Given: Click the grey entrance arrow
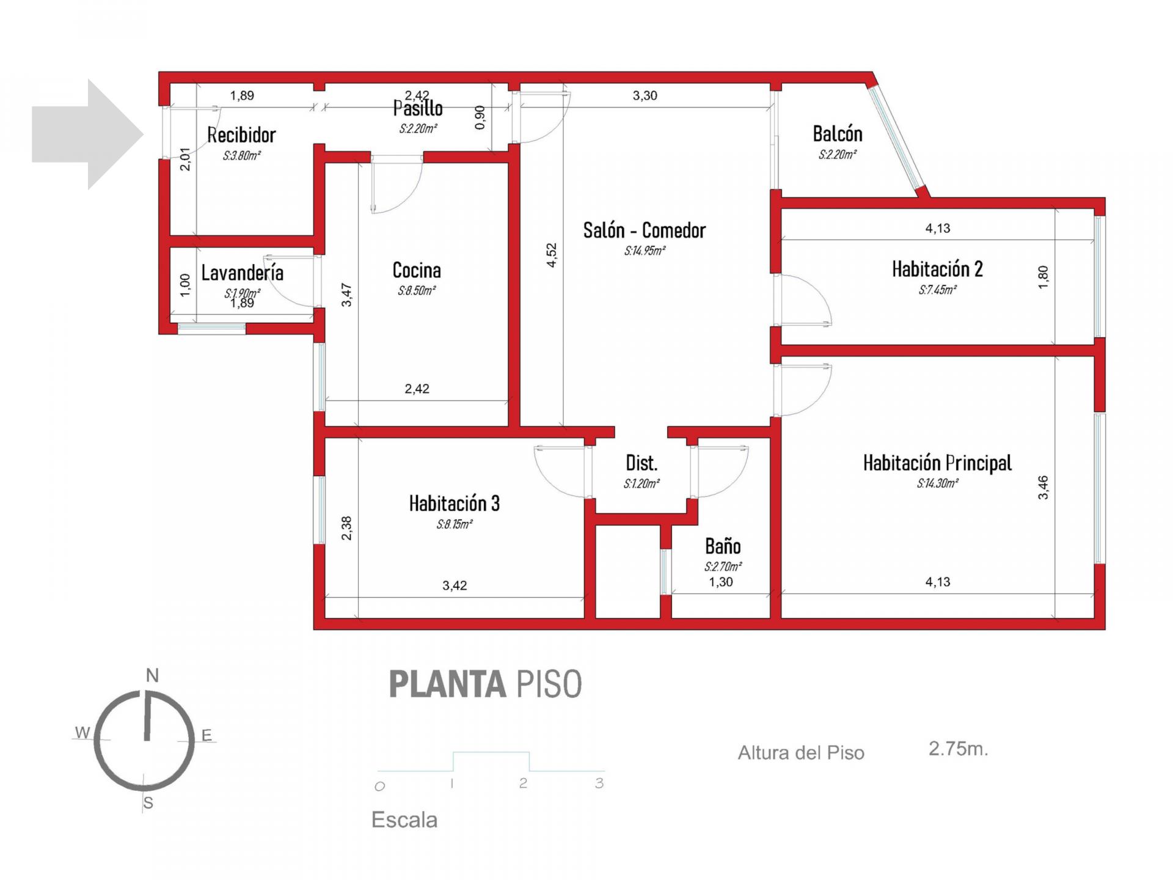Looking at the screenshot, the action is pyautogui.click(x=88, y=134).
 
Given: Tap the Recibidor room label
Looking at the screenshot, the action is pyautogui.click(x=241, y=135).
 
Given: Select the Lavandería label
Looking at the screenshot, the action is pyautogui.click(x=243, y=273).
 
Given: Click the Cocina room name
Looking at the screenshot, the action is pyautogui.click(x=417, y=270).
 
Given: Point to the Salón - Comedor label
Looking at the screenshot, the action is pyautogui.click(x=645, y=230).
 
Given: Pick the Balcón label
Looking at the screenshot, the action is pyautogui.click(x=838, y=134).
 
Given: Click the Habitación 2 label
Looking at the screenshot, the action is pyautogui.click(x=937, y=269).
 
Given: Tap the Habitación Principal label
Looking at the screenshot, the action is pyautogui.click(x=937, y=463).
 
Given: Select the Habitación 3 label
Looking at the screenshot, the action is pyautogui.click(x=455, y=504).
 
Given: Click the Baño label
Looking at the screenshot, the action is pyautogui.click(x=723, y=546).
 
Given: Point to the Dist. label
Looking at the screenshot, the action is pyautogui.click(x=641, y=463).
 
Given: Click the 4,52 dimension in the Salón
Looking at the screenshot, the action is pyautogui.click(x=552, y=255).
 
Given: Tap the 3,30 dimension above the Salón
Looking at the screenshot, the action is pyautogui.click(x=645, y=95).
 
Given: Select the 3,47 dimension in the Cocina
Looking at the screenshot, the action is pyautogui.click(x=346, y=295).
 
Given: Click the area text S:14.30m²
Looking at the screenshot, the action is pyautogui.click(x=937, y=483).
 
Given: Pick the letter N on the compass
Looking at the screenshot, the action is pyautogui.click(x=152, y=675).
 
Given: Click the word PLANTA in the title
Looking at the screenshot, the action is pyautogui.click(x=447, y=684).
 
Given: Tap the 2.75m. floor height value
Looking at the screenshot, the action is pyautogui.click(x=958, y=749).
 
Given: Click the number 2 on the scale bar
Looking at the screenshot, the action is pyautogui.click(x=523, y=783).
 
